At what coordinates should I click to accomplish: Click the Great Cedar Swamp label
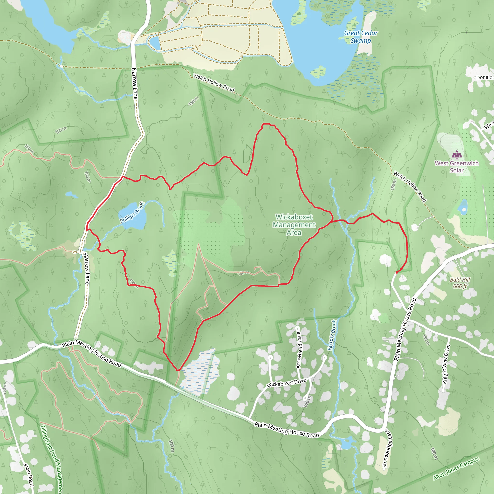tap(361, 37)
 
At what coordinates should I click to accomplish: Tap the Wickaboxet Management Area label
tap(294, 225)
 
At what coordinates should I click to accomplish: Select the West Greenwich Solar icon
tap(457, 154)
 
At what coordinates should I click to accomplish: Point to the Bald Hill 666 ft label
tap(460, 283)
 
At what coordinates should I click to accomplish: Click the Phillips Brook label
tap(132, 212)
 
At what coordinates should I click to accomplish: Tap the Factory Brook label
tap(332, 335)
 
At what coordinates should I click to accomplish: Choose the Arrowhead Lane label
tap(299, 350)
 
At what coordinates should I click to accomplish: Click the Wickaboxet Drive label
tap(286, 383)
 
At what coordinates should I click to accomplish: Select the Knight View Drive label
tap(446, 364)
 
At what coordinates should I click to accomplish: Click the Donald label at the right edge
tap(484, 77)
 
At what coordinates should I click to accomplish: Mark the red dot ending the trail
tap(397, 273)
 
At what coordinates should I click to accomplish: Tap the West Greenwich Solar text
tap(457, 167)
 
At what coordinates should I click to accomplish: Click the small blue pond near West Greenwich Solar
tap(463, 207)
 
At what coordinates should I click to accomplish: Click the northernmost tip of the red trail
tap(266, 124)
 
